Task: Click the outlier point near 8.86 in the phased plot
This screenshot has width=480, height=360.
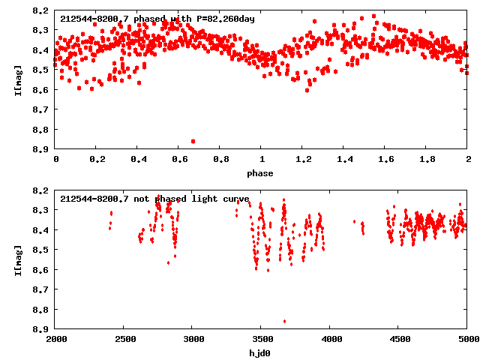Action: (193, 141)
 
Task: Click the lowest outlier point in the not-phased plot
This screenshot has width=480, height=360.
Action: (284, 321)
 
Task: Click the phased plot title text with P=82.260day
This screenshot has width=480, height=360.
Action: (157, 19)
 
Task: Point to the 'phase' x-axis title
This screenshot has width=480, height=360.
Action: (262, 173)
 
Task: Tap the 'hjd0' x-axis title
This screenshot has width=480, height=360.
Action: (262, 353)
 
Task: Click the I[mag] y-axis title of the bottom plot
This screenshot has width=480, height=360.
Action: (19, 259)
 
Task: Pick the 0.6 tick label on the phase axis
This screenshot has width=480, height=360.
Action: (179, 160)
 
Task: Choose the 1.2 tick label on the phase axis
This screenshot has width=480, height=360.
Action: (303, 160)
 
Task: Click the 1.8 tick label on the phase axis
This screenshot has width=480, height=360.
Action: (427, 160)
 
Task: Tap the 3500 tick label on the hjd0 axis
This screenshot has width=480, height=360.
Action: (262, 340)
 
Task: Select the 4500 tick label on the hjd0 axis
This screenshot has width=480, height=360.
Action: (399, 340)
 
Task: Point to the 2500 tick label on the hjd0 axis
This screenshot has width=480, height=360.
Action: (124, 340)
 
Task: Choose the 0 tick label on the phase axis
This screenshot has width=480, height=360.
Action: (56, 160)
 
